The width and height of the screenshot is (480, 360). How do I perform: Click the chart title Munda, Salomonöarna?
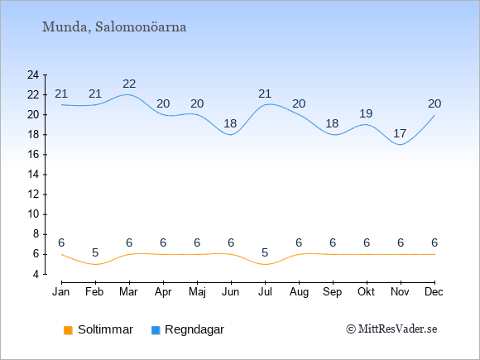pyautogui.click(x=114, y=27)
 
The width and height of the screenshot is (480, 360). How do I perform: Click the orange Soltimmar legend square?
pyautogui.click(x=68, y=330)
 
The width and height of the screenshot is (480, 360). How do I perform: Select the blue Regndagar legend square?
pyautogui.click(x=156, y=330)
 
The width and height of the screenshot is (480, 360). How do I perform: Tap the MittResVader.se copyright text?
pyautogui.click(x=391, y=329)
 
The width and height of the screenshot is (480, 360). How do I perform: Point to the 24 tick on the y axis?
pyautogui.click(x=33, y=74)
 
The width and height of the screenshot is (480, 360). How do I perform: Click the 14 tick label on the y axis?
pyautogui.click(x=33, y=175)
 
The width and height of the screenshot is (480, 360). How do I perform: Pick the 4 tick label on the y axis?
pyautogui.click(x=36, y=274)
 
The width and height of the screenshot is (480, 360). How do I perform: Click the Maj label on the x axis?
pyautogui.click(x=197, y=292)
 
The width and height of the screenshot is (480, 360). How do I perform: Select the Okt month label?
pyautogui.click(x=367, y=292)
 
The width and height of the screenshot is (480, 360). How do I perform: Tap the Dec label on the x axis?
pyautogui.click(x=434, y=292)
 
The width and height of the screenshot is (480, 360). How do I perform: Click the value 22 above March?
pyautogui.click(x=129, y=84)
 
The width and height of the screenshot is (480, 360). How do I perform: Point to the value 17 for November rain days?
pyautogui.click(x=400, y=133)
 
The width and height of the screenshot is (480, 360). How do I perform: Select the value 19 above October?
pyautogui.click(x=366, y=113)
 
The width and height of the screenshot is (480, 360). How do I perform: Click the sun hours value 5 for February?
pyautogui.click(x=95, y=253)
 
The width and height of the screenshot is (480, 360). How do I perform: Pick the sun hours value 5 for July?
pyautogui.click(x=265, y=253)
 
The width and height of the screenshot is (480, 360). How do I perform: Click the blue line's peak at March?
pyautogui.click(x=128, y=94)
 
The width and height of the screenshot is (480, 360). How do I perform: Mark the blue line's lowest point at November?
pyautogui.click(x=401, y=145)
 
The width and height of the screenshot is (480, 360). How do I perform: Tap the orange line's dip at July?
pyautogui.click(x=265, y=264)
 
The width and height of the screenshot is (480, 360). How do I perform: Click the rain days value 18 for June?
pyautogui.click(x=230, y=123)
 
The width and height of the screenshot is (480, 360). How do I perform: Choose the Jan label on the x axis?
pyautogui.click(x=61, y=292)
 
